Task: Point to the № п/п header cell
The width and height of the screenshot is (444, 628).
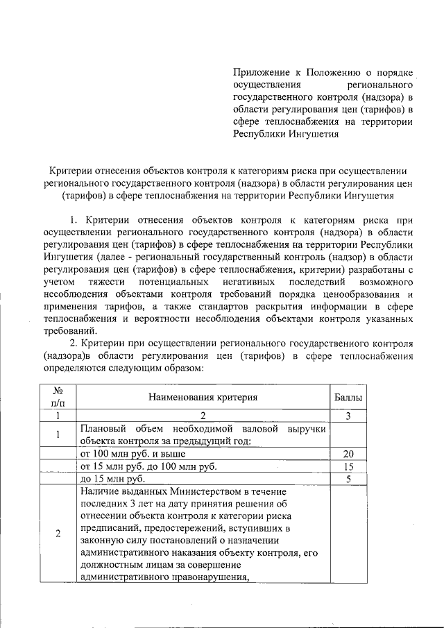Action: click(x=58, y=397)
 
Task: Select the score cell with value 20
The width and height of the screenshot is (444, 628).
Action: click(x=350, y=453)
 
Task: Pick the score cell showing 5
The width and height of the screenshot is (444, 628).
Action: click(x=350, y=479)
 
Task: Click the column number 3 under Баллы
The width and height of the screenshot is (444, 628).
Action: click(x=350, y=416)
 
